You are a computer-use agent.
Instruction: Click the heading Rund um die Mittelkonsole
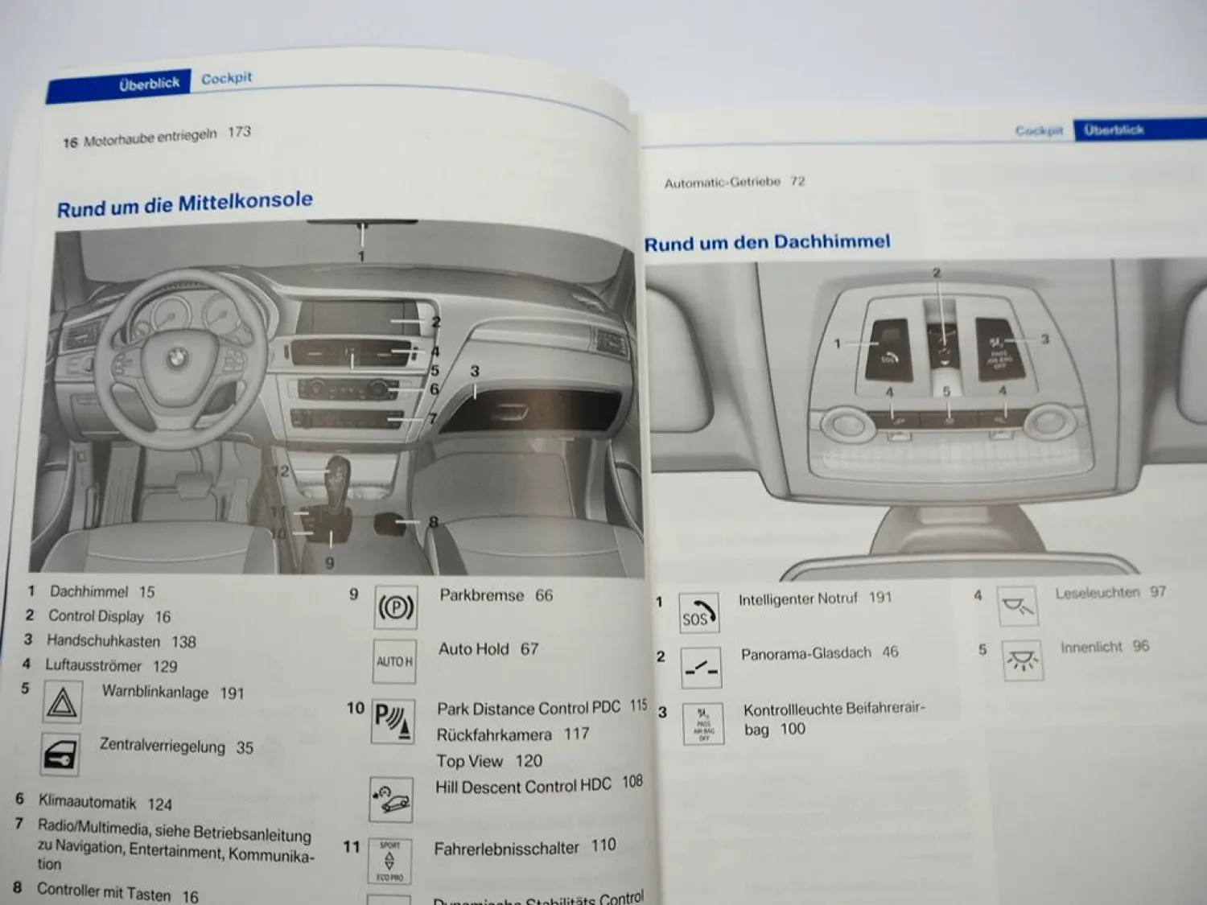(x=184, y=204)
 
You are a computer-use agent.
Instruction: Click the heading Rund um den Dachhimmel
(x=767, y=242)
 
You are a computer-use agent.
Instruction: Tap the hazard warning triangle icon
(x=62, y=702)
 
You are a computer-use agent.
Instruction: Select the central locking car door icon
(x=60, y=755)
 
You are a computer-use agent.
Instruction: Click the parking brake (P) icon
(x=395, y=607)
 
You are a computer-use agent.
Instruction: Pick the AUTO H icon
(x=394, y=661)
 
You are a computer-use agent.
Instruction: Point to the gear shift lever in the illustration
(x=336, y=483)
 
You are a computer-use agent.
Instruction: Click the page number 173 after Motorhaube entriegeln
(x=239, y=131)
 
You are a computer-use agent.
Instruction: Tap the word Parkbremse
(x=481, y=595)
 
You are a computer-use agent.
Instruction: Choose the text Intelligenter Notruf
(x=797, y=599)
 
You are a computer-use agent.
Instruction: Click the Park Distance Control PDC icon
(x=393, y=721)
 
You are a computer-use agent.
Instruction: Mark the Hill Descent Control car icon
(x=391, y=799)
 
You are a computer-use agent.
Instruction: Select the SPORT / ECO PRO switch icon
(x=390, y=861)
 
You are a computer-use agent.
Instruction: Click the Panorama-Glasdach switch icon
(x=700, y=668)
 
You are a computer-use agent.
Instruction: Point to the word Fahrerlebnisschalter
(x=506, y=848)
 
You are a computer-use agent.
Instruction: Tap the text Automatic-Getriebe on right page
(x=722, y=183)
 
